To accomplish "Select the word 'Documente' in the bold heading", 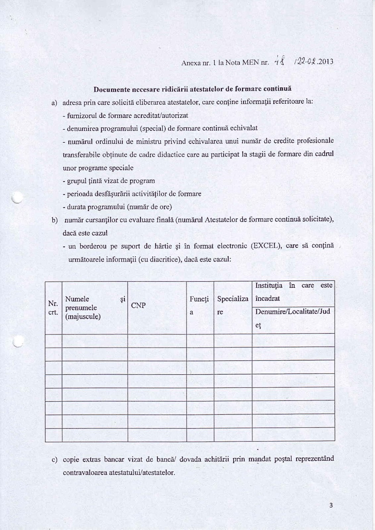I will [109, 89].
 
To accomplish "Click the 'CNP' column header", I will [138, 305].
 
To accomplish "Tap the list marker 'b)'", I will [55, 220].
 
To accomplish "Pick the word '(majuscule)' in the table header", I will [83, 317].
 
